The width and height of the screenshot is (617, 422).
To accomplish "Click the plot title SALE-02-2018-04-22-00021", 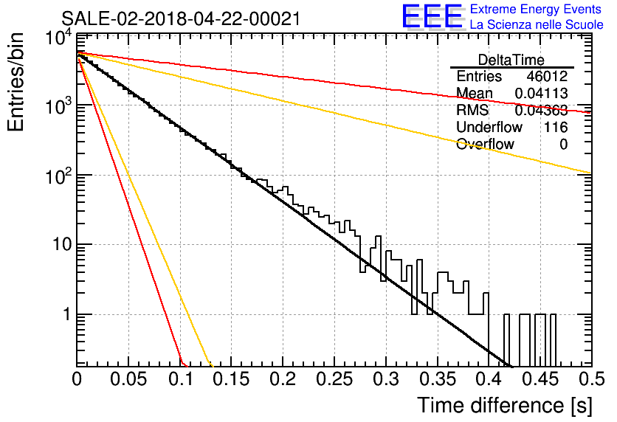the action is click(181, 18).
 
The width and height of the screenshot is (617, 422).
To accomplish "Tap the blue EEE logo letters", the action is click(432, 16).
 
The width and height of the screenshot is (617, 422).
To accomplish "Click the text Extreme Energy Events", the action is click(536, 9).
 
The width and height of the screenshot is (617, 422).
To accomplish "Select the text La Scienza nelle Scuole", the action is click(537, 24).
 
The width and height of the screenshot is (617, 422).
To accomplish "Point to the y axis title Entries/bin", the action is click(16, 82).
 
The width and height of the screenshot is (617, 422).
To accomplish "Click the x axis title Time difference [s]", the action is click(505, 406).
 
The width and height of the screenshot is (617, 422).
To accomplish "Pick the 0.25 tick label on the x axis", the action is click(334, 379).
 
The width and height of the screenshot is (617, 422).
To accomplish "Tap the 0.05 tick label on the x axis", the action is click(128, 379).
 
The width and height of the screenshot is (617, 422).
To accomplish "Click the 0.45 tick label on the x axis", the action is click(540, 379).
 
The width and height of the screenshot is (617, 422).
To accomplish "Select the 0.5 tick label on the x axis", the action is click(591, 379).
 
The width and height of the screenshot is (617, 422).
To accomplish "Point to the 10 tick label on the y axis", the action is click(63, 245).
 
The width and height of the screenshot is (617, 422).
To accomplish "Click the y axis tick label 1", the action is click(67, 314).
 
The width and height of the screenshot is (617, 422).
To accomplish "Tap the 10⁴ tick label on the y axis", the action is click(59, 38).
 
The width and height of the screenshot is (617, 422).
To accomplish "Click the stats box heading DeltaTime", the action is click(511, 60).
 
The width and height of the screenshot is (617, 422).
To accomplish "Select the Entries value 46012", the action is click(548, 76).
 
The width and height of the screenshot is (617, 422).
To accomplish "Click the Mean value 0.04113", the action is click(542, 93).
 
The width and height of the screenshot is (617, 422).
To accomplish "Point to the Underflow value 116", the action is click(556, 127).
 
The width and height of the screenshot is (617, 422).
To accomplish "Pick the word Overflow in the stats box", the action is click(485, 144).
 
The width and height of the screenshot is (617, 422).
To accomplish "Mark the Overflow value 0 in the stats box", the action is click(563, 145).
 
